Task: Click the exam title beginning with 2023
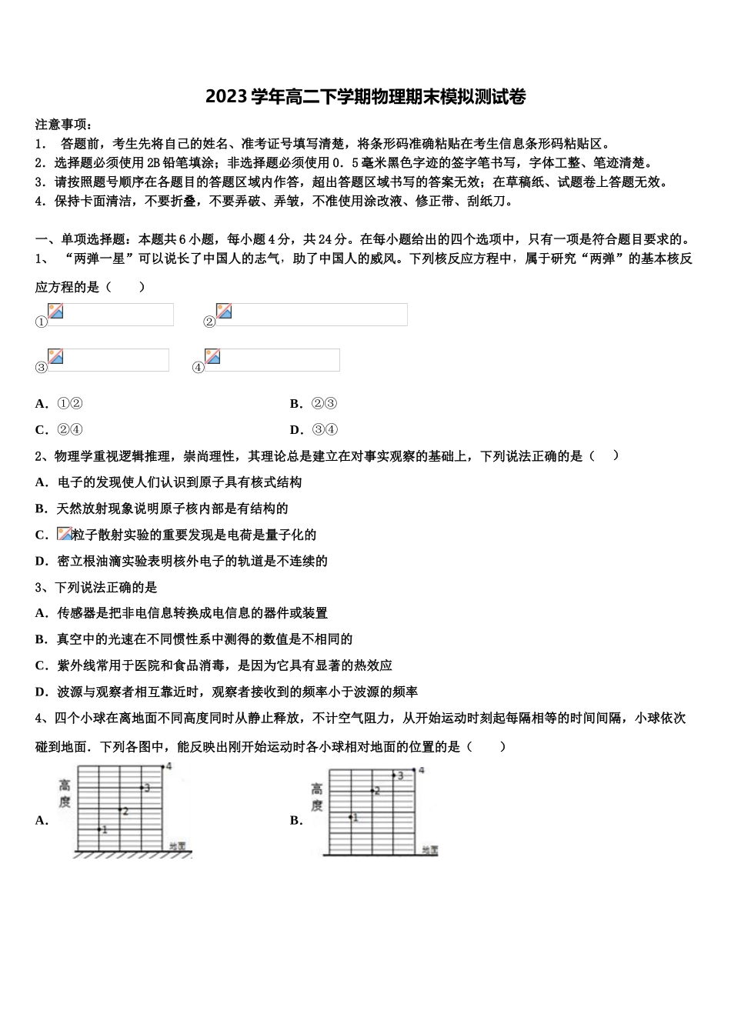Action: [x=365, y=97]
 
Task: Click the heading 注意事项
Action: [x=64, y=124]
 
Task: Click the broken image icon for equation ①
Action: [x=55, y=311]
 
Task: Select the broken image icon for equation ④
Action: [x=212, y=356]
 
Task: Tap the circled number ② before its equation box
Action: [x=209, y=322]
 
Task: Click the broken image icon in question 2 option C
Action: [x=65, y=534]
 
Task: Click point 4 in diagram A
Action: [x=163, y=766]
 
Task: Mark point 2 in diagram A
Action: [x=120, y=810]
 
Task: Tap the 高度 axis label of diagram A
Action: [x=65, y=793]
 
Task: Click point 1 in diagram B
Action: [x=351, y=817]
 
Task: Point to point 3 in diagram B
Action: [x=394, y=775]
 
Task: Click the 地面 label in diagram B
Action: [x=429, y=850]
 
